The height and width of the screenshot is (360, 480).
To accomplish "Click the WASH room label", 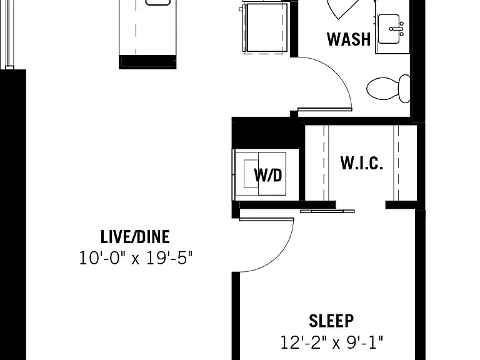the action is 349,39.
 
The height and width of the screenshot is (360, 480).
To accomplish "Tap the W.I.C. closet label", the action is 362,163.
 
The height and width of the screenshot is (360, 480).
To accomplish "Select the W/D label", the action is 268,175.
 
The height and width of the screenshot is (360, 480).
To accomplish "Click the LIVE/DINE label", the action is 135,237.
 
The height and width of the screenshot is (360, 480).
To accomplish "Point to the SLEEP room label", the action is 331,321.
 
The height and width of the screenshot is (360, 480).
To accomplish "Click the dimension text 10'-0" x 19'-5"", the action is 136,257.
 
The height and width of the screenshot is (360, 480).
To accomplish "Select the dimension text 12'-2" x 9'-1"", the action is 331,342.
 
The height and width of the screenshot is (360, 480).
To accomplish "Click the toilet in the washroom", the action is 388,89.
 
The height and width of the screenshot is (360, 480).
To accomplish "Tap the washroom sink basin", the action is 389,29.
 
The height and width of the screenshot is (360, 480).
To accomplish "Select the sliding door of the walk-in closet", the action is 327,211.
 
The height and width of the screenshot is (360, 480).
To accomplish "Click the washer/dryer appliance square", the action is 261,174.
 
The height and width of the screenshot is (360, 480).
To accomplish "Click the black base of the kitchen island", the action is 147,62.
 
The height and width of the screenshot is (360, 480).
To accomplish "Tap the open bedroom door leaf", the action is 267,219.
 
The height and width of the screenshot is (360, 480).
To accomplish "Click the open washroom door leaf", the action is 325,109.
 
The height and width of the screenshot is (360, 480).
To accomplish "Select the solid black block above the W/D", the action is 266,133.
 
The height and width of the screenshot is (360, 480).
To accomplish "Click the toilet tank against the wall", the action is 404,89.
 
